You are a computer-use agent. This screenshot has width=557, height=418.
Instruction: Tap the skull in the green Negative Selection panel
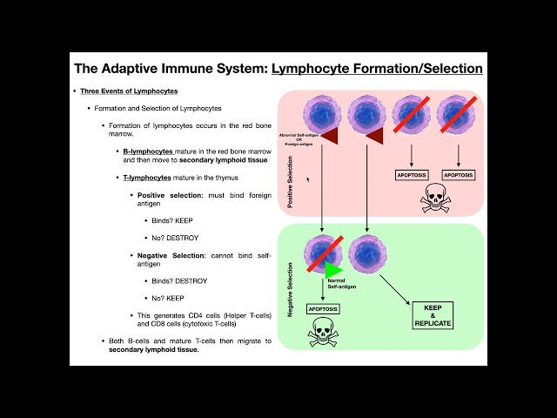pos(323,329)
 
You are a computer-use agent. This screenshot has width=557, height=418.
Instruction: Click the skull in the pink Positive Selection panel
pos(434,197)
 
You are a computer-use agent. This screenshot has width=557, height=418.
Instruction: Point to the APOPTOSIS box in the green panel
pos(323,308)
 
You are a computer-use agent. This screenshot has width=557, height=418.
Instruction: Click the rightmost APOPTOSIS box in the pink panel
pos(459,175)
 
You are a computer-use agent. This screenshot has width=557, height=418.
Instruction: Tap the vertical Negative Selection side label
pos(290,287)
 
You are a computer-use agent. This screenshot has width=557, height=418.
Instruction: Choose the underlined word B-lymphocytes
pos(148,151)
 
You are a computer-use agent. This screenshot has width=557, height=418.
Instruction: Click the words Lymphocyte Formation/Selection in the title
pos(377,67)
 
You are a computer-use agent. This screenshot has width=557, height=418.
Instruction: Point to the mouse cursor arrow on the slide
pos(307,179)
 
